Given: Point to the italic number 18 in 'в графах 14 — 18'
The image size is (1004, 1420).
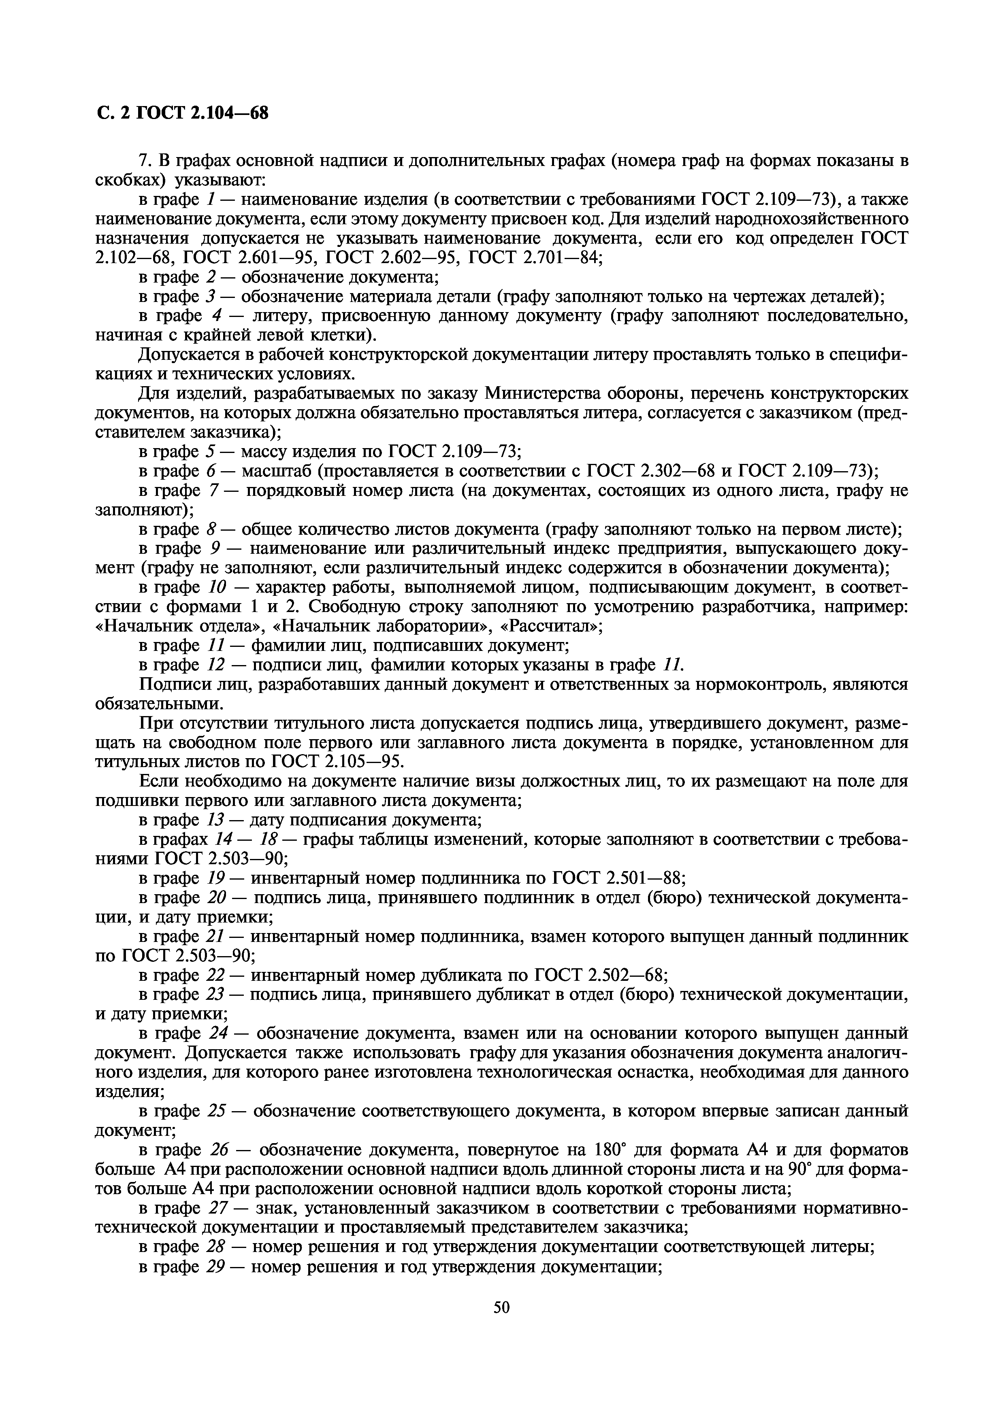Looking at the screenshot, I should [270, 839].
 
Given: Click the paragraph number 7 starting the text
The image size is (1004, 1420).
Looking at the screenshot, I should [145, 160].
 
